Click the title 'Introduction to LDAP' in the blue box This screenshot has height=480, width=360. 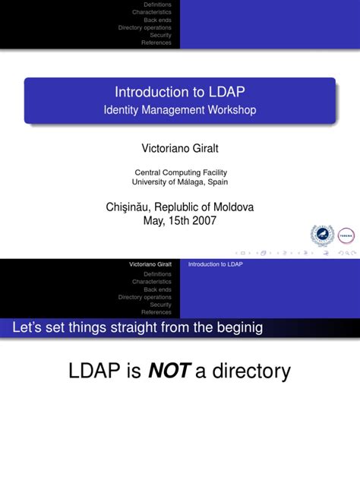(x=180, y=93)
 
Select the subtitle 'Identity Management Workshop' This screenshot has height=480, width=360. (x=180, y=110)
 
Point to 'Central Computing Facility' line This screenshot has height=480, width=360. (x=180, y=172)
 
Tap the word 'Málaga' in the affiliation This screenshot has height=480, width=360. (x=191, y=182)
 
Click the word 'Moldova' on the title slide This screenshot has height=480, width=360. (x=228, y=207)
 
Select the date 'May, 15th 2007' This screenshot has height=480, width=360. (x=180, y=220)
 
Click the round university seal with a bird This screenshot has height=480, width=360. (x=323, y=236)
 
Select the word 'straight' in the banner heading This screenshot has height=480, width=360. (x=145, y=328)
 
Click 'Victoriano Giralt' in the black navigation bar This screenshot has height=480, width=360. (x=150, y=264)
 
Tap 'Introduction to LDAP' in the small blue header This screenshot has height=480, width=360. (x=216, y=264)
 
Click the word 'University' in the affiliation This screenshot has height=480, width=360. (x=150, y=182)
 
